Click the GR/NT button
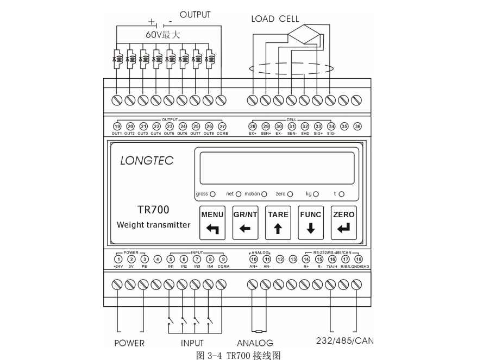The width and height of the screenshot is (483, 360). pos(245,222)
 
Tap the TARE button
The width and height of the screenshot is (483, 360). pos(278,222)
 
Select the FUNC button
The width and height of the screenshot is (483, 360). pos(311,222)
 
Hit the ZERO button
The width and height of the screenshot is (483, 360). pos(343,222)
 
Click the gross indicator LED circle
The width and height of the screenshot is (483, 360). pos(212,194)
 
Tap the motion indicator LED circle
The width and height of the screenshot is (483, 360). pos(265,194)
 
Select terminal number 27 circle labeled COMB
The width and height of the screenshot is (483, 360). pos(222,126)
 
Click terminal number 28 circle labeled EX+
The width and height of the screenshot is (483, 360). pos(253,126)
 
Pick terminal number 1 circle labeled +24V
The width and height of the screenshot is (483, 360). pos(118,260)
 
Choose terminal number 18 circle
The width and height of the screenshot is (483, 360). pos(358,260)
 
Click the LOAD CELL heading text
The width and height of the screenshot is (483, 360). pos(275,19)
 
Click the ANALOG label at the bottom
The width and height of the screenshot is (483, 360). pos(255,343)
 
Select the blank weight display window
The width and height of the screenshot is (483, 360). pos(277,168)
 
